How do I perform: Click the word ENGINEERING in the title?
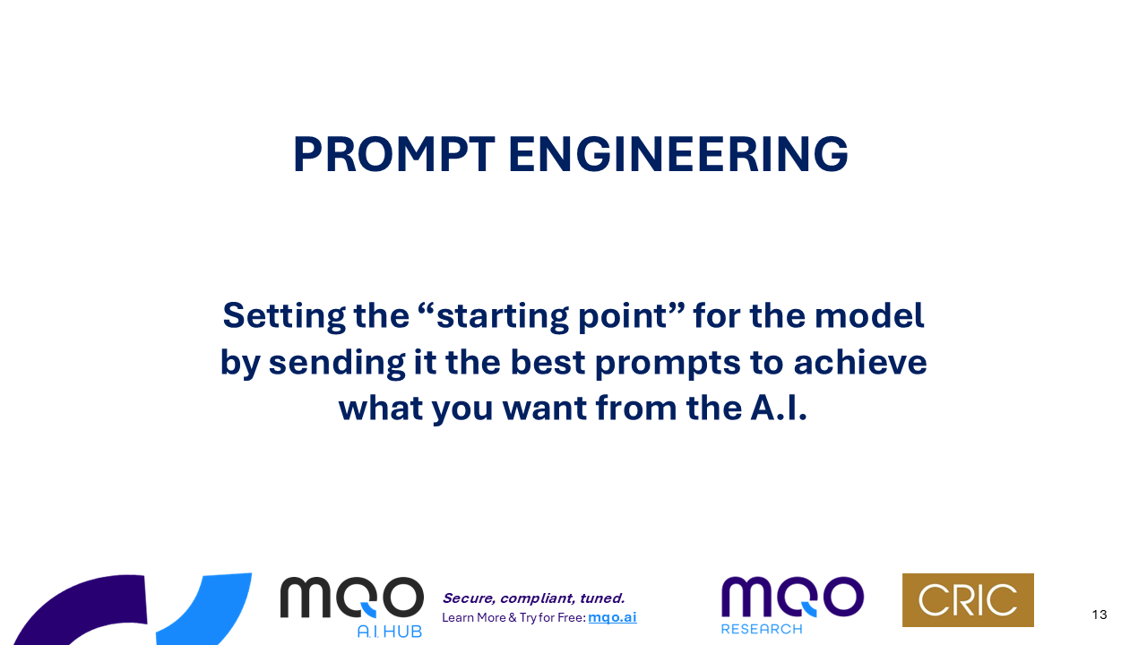coord(678,155)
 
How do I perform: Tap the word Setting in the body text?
coord(284,316)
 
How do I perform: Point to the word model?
coord(869,315)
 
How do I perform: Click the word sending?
coord(337,363)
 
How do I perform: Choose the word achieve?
coord(860,363)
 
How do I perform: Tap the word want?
coord(544,408)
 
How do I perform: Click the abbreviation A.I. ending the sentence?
coord(779,408)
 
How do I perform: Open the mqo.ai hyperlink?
coord(612,617)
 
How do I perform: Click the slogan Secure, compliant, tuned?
coord(533,598)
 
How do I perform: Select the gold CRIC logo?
coord(968,600)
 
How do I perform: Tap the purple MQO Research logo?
coord(793,605)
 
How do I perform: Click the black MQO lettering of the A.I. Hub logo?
coord(352,597)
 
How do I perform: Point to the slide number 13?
coord(1100,615)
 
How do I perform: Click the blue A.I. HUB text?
coord(390,632)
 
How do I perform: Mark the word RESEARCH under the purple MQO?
coord(762,629)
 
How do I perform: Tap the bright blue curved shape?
coord(215,609)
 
